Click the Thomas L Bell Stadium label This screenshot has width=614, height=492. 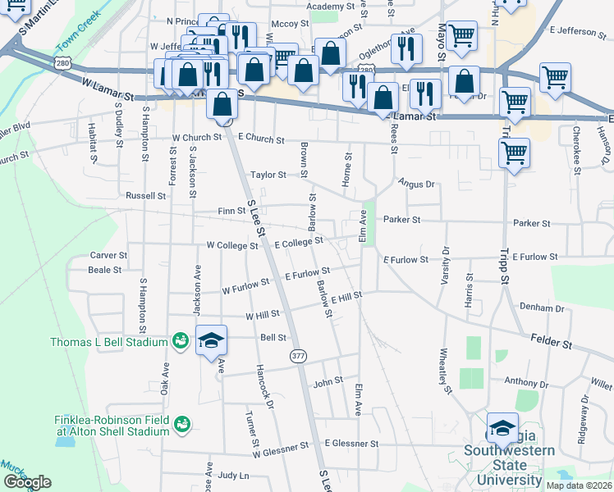(x=108, y=342)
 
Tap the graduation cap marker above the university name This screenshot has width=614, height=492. (x=502, y=428)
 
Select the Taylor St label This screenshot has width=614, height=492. (x=268, y=175)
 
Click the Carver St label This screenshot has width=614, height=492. (x=108, y=256)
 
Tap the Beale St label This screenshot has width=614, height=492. (x=104, y=269)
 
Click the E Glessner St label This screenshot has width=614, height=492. (x=351, y=444)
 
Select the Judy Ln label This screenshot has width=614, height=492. (x=233, y=475)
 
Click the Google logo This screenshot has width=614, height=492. (x=27, y=482)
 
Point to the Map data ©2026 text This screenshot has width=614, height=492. (x=580, y=485)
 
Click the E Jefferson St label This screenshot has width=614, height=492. (x=577, y=31)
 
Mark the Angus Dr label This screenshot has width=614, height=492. (x=417, y=184)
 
